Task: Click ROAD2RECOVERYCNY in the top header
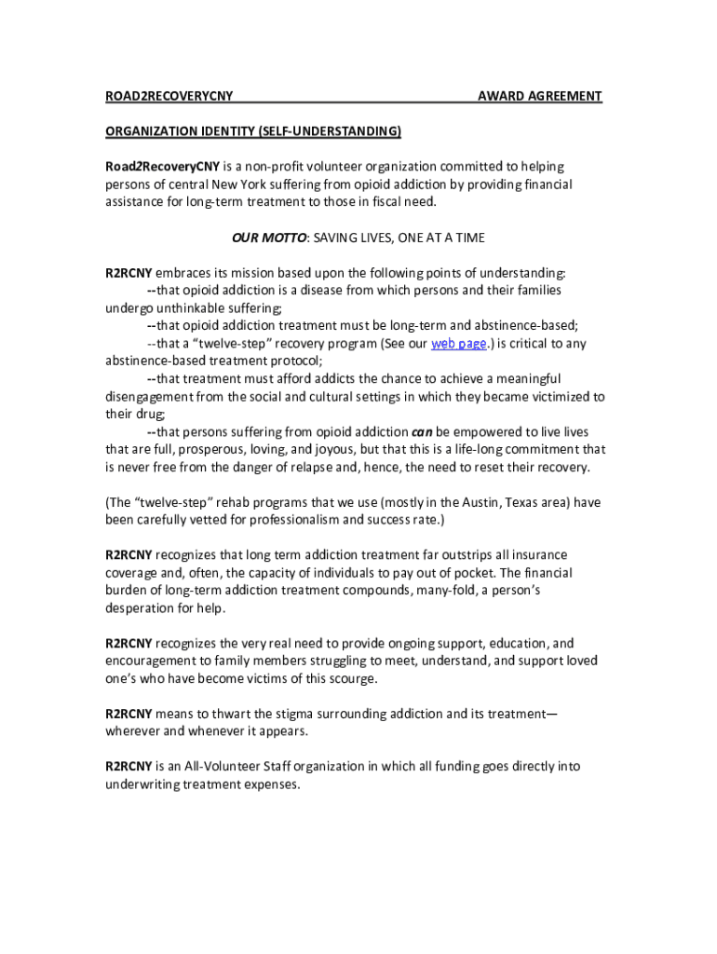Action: tap(169, 96)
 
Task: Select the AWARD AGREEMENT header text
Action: tap(539, 96)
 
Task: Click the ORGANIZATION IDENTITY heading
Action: tap(252, 131)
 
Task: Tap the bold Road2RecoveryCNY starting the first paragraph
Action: tap(161, 167)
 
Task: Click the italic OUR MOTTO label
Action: tap(269, 238)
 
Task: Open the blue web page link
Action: tap(458, 344)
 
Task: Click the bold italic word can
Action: tap(422, 432)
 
